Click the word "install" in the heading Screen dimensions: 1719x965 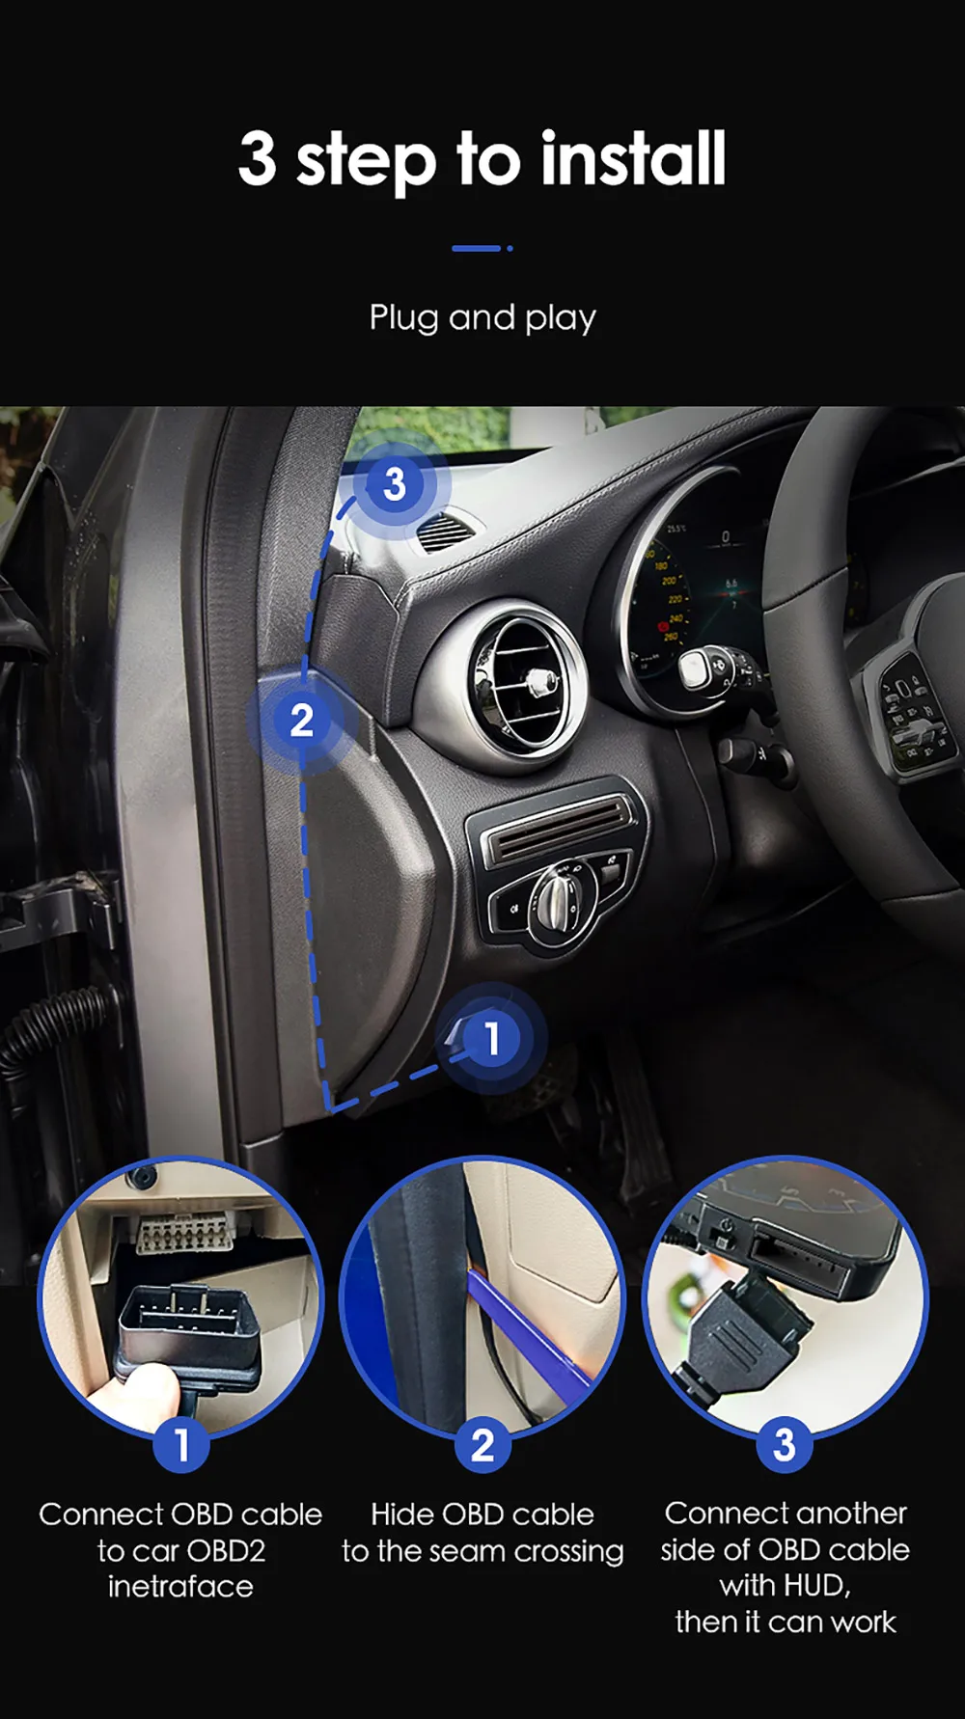pos(632,159)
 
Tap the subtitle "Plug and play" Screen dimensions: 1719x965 pos(482,318)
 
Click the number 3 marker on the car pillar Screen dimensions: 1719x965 pos(394,483)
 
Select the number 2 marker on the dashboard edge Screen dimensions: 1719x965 pos(302,721)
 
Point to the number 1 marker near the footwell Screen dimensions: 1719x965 pos(492,1039)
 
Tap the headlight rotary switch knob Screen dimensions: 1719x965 pos(558,899)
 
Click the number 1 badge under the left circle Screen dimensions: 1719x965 pos(181,1445)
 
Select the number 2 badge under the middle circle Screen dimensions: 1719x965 pos(482,1445)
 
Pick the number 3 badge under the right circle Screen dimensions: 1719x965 pos(785,1445)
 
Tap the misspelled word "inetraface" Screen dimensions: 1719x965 pos(180,1587)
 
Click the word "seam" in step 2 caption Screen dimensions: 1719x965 pos(473,1551)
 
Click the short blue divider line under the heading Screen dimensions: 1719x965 pos(477,249)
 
